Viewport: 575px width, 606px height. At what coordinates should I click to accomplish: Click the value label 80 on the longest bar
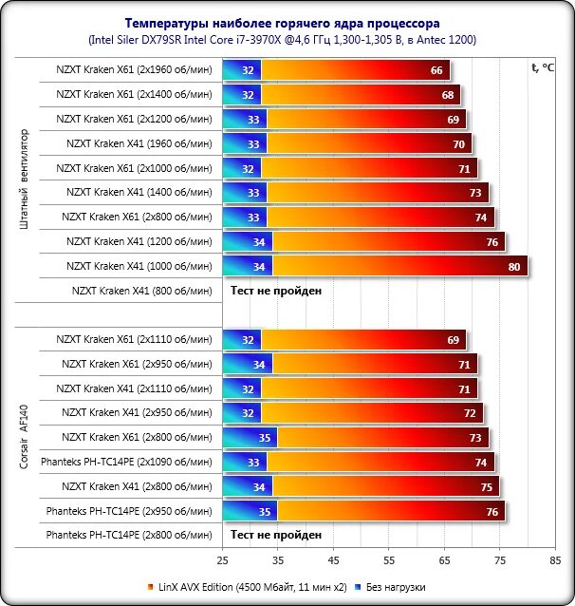tap(514, 267)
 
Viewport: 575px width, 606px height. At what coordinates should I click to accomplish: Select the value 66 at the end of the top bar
tap(436, 70)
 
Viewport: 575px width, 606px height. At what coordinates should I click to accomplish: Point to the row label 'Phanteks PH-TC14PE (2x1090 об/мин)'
tap(129, 462)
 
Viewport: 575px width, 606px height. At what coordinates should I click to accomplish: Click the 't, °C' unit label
tap(545, 67)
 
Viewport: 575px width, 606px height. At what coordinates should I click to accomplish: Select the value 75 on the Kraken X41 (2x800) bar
tap(486, 486)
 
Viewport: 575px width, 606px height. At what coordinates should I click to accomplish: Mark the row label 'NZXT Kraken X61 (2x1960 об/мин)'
tap(134, 70)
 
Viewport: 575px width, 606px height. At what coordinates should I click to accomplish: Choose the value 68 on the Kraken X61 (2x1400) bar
tap(448, 95)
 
